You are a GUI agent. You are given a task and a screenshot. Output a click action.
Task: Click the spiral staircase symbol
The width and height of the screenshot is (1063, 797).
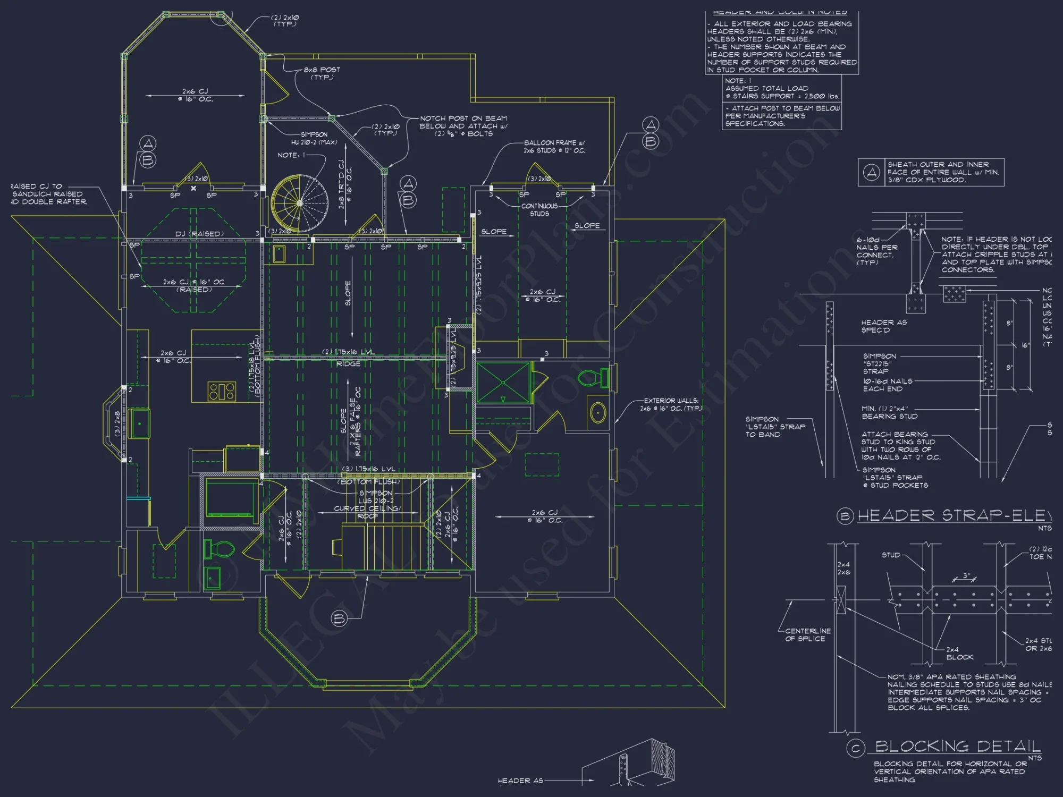(x=299, y=202)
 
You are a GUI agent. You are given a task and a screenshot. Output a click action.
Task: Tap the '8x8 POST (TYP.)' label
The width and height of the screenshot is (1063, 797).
(x=322, y=73)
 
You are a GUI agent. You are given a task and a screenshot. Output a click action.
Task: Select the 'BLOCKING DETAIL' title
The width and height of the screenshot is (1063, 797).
(x=957, y=747)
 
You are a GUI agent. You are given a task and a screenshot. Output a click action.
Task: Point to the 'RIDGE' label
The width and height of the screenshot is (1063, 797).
(x=348, y=364)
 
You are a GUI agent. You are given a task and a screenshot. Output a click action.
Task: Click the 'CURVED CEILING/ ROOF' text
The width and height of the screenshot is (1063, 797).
(x=368, y=512)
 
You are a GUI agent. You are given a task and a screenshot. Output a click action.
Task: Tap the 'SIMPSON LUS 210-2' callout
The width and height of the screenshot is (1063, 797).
(x=376, y=497)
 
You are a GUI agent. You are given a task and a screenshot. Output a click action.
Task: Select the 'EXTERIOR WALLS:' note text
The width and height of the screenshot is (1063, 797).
(x=671, y=401)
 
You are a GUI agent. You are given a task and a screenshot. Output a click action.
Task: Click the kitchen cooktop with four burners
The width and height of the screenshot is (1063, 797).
(x=222, y=391)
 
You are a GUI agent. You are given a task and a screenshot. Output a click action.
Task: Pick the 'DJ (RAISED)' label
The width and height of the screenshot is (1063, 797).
(x=199, y=234)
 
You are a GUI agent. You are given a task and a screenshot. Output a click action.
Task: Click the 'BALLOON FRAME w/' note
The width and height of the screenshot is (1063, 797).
(x=554, y=143)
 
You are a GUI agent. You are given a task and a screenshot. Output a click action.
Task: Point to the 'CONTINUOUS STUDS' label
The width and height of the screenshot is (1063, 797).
(x=539, y=210)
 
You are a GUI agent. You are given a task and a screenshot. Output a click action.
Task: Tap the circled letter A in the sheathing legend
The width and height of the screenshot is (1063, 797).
(x=871, y=172)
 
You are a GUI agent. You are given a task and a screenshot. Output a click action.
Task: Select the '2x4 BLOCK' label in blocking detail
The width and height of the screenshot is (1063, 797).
(x=959, y=653)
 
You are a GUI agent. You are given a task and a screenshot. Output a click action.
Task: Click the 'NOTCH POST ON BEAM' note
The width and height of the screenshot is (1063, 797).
(x=463, y=118)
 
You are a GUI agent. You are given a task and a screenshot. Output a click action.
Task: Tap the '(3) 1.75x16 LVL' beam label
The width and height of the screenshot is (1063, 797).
(x=368, y=469)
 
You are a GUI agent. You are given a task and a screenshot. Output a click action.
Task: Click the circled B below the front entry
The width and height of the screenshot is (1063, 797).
(x=339, y=618)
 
